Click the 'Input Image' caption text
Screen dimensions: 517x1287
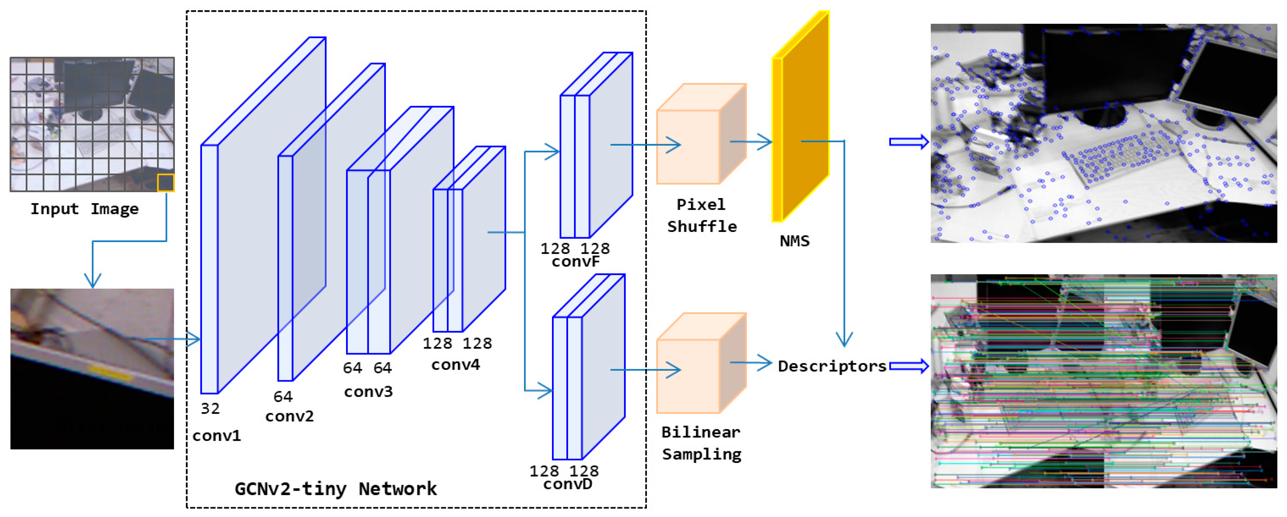coord(84,208)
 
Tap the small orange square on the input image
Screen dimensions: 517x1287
coord(165,183)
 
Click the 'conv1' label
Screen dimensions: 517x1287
coord(216,436)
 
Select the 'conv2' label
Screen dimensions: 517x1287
coord(289,416)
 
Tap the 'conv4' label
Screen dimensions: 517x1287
coord(455,365)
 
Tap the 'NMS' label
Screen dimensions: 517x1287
coord(794,241)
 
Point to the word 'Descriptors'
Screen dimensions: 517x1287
coord(832,366)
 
